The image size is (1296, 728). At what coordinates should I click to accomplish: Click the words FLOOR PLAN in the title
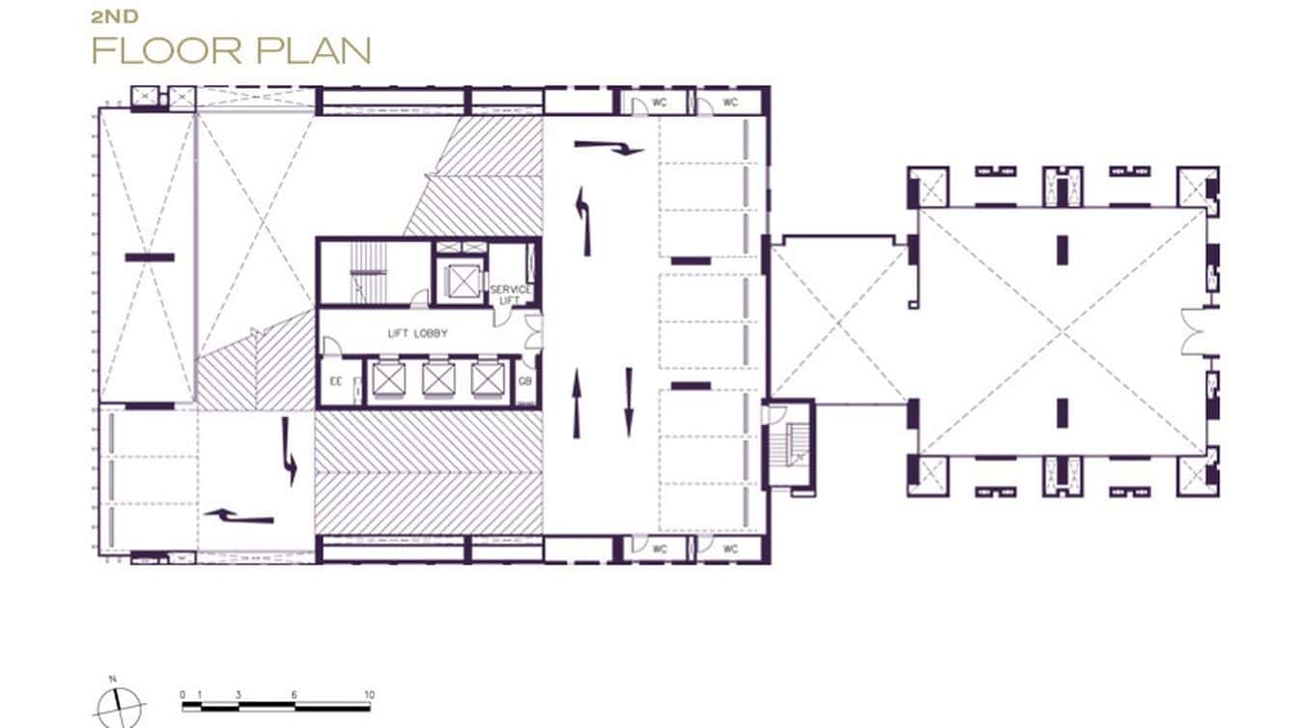point(232,50)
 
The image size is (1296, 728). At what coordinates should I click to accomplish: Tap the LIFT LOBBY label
point(417,333)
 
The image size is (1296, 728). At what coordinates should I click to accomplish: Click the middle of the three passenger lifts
point(437,379)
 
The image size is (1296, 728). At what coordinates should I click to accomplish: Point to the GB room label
point(525,380)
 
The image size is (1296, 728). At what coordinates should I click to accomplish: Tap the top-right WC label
point(730,101)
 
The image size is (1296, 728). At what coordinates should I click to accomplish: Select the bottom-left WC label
point(661,548)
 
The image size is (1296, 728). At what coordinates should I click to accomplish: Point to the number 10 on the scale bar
point(369,695)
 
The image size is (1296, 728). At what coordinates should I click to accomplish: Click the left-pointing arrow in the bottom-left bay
point(239,518)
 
